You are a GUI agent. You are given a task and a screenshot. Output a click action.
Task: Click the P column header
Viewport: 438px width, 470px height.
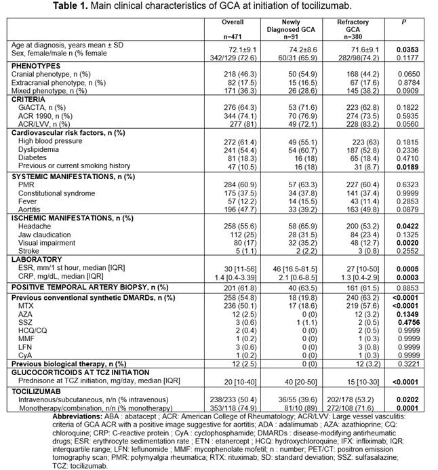[405, 22]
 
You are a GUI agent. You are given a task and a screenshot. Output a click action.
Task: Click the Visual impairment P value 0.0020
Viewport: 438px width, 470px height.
[405, 241]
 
